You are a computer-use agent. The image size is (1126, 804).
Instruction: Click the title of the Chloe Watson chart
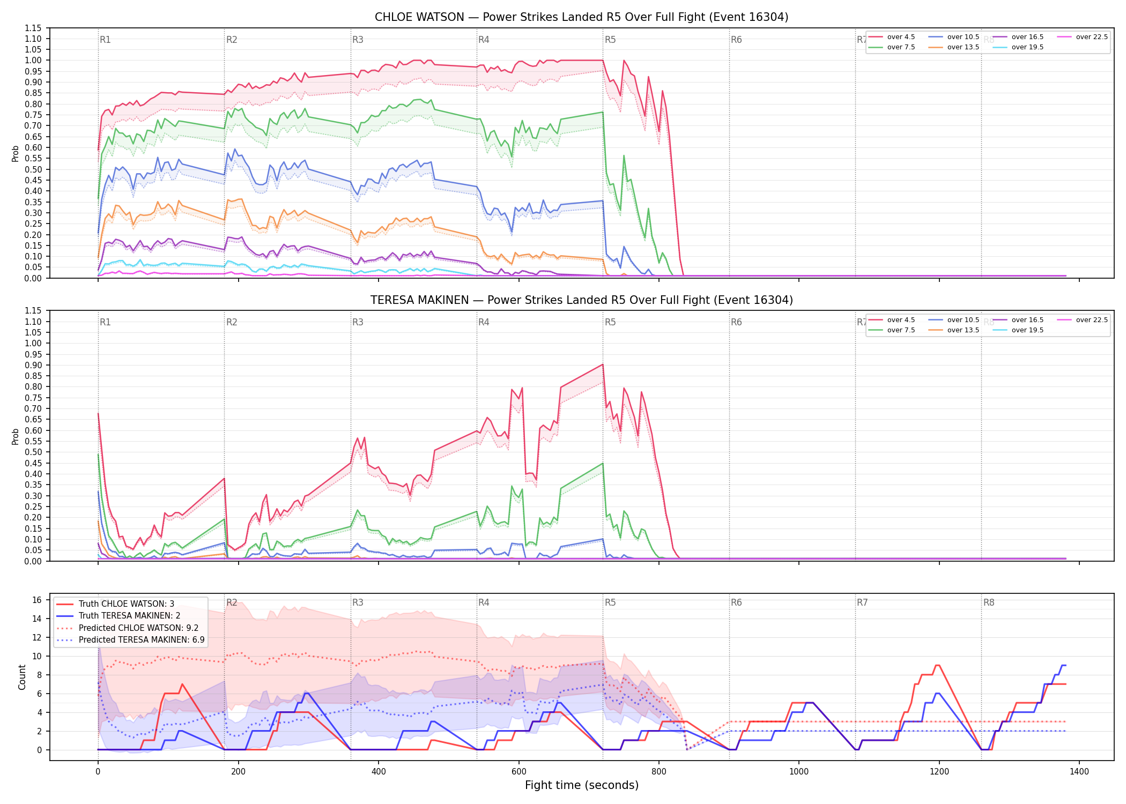click(x=581, y=17)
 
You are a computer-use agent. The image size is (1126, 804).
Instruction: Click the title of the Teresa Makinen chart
click(x=581, y=300)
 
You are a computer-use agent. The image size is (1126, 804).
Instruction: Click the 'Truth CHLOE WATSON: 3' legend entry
click(x=116, y=604)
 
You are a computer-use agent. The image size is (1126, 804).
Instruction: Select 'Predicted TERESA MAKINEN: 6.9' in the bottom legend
click(x=131, y=639)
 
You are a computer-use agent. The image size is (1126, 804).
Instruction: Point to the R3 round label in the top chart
click(x=358, y=40)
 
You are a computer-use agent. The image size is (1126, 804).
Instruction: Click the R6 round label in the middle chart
click(x=736, y=322)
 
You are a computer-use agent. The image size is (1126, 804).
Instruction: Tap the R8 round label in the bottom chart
click(x=989, y=602)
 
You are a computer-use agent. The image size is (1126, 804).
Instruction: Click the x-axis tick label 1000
click(x=799, y=772)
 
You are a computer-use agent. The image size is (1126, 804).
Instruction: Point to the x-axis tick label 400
click(x=379, y=772)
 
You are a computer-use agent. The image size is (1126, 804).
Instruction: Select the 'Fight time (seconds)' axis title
click(x=582, y=785)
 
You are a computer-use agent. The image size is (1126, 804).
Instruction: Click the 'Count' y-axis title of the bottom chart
click(x=22, y=677)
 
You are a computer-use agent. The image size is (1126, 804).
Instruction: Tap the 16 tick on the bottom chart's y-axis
click(x=37, y=600)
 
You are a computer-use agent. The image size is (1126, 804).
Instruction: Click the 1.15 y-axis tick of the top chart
click(x=33, y=28)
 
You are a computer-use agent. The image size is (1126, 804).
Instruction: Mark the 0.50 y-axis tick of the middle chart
click(x=33, y=452)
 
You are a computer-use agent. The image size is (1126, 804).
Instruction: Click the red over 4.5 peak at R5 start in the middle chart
click(x=603, y=364)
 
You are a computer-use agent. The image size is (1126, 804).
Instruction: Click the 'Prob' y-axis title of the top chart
click(x=16, y=153)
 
